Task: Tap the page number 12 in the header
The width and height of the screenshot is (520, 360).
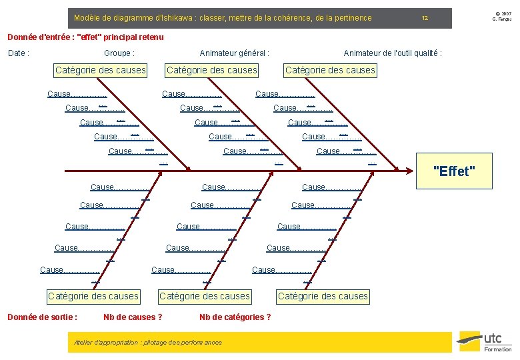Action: point(425,18)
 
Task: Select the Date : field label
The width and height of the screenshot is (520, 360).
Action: point(18,53)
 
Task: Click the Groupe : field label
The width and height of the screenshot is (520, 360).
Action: point(119,53)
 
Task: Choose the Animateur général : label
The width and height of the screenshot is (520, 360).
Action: point(235,53)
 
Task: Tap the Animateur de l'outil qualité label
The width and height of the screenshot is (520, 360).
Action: point(392,53)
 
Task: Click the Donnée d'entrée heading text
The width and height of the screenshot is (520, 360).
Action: point(84,37)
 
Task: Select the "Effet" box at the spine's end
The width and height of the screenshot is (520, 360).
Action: point(454,171)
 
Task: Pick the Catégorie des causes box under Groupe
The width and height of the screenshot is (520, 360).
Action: point(100,70)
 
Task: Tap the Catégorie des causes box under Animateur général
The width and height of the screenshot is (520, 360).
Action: point(211,70)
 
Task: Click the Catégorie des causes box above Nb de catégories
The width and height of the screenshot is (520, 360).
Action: point(204,296)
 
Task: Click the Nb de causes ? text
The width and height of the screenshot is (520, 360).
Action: point(133,317)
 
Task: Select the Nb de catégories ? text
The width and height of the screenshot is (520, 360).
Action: point(235,317)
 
